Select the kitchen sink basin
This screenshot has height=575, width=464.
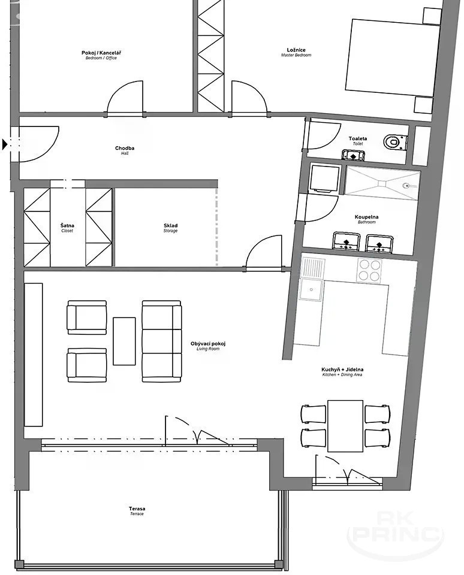tap(311, 290)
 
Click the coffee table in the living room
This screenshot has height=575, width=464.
tap(124, 341)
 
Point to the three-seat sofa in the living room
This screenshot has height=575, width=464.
tap(161, 341)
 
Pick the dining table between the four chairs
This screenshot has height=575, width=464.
tap(345, 426)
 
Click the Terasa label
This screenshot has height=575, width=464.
tap(137, 511)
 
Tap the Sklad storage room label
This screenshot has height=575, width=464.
tap(170, 228)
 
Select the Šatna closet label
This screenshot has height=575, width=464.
tap(67, 228)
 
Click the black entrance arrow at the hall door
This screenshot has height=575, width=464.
tap(5, 144)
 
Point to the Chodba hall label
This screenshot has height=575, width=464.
tap(125, 150)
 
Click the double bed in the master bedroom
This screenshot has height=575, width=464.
tap(393, 57)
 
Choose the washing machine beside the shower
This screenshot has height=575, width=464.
tap(323, 178)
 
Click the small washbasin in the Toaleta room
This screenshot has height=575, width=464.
tap(353, 155)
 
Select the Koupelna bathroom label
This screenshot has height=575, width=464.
tap(366, 219)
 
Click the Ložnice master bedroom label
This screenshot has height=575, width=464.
tap(296, 52)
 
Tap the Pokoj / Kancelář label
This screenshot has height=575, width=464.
tap(101, 55)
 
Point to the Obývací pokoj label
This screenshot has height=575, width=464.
tap(208, 346)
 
